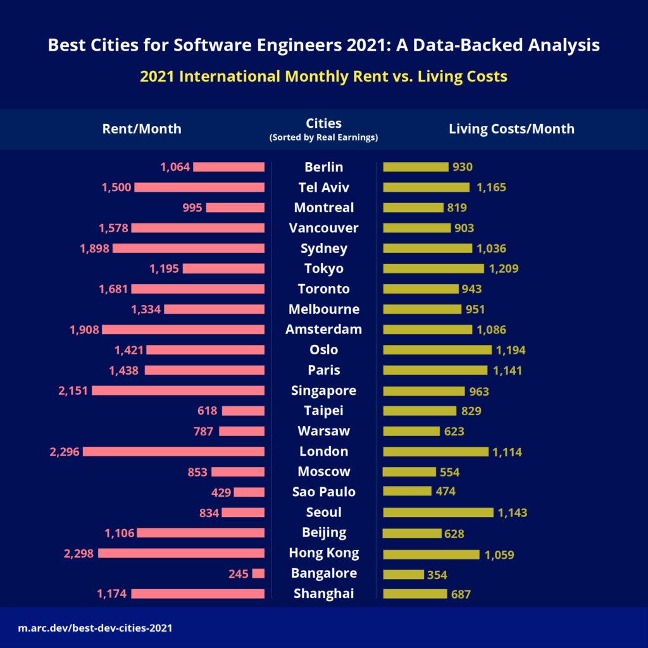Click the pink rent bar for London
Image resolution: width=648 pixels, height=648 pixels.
tap(173, 451)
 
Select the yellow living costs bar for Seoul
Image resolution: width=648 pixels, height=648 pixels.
tap(438, 512)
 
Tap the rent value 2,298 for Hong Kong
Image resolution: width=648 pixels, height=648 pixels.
tap(79, 553)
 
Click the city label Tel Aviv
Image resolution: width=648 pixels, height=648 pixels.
tap(323, 187)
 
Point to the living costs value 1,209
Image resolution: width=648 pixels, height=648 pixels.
tap(503, 268)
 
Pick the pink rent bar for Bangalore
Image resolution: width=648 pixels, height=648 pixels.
tap(258, 573)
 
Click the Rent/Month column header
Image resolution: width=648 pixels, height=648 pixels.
tap(142, 128)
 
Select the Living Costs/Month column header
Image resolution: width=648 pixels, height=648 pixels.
tap(511, 128)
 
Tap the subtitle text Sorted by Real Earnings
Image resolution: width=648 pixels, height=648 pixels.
tap(323, 137)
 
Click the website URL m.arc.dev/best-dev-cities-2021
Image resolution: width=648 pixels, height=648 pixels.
tap(95, 628)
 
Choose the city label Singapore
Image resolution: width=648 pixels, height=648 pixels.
tap(323, 390)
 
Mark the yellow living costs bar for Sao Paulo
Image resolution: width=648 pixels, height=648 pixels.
tap(407, 492)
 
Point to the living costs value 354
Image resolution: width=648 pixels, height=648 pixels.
tap(437, 575)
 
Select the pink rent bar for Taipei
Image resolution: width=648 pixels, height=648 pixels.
tap(243, 411)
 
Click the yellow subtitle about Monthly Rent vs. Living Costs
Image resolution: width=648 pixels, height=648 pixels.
tap(323, 77)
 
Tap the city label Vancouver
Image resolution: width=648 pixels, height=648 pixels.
tap(323, 228)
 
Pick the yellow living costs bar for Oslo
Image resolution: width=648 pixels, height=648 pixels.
tap(437, 350)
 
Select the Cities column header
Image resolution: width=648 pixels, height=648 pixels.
tap(323, 123)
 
